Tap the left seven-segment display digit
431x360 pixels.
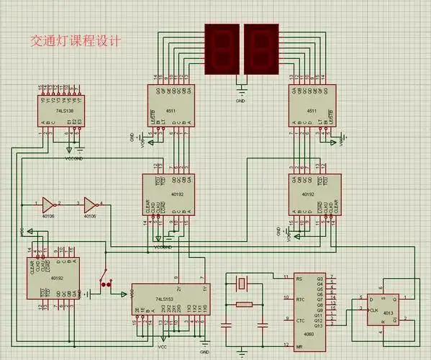[x=222, y=48]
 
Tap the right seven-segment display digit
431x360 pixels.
[x=260, y=48]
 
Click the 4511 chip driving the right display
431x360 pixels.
[x=312, y=107]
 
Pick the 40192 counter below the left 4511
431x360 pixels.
[x=168, y=194]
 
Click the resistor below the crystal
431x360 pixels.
[x=245, y=304]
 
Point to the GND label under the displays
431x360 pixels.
[x=240, y=102]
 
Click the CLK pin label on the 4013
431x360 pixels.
[x=373, y=310]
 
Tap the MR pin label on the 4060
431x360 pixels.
[x=299, y=347]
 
